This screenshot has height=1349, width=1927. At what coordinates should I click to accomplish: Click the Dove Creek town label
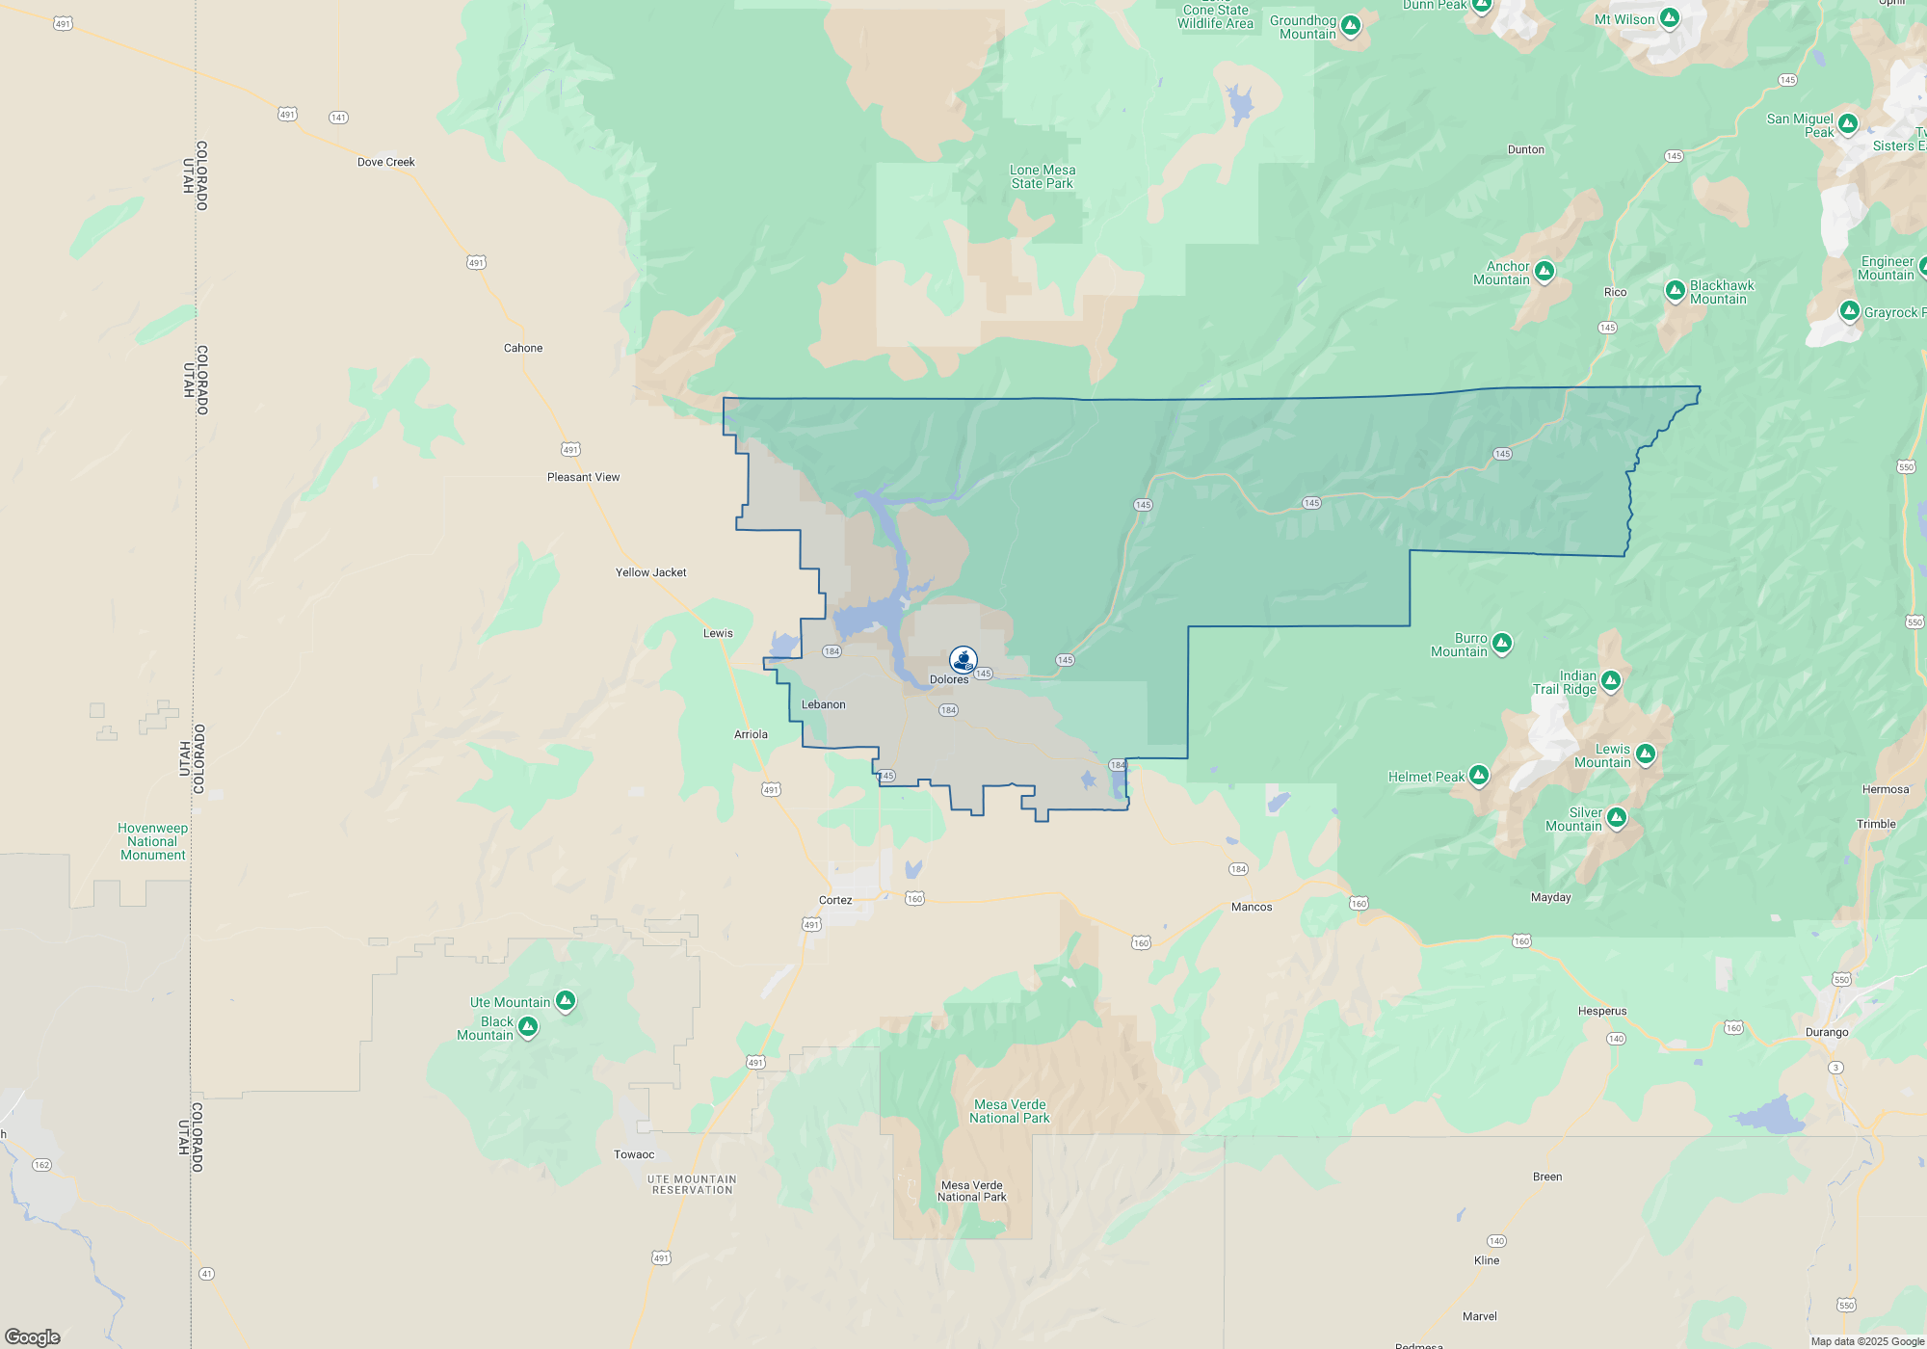point(385,162)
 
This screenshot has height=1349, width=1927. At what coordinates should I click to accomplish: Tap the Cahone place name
point(523,348)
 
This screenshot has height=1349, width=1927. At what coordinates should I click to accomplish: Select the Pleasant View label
point(583,477)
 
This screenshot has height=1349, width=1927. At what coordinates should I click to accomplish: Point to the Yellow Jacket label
point(650,572)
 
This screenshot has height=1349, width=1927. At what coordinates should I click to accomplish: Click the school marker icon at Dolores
point(963,659)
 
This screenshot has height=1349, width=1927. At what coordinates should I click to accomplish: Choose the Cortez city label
point(835,900)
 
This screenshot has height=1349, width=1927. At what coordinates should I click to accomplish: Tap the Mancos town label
point(1252,907)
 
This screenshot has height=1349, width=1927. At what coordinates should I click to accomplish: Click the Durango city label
point(1827,1032)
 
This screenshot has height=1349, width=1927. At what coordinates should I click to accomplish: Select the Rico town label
point(1615,292)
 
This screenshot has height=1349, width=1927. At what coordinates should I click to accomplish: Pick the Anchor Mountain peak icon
point(1544,271)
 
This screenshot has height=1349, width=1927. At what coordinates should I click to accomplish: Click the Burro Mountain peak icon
point(1501,643)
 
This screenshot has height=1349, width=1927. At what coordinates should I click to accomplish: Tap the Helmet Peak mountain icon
point(1479,775)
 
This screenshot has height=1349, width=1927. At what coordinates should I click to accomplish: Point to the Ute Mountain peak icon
point(566,1001)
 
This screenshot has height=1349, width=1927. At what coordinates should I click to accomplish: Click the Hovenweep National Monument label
point(152,841)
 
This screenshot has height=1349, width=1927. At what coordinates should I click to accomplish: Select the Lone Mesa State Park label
point(1043,176)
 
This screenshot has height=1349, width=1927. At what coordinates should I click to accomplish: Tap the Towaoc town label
point(634,1154)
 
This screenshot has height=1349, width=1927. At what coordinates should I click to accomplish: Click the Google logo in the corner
point(33,1336)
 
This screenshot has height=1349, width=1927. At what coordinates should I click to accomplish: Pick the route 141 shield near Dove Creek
point(338,118)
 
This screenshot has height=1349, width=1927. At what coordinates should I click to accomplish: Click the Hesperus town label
point(1602,1011)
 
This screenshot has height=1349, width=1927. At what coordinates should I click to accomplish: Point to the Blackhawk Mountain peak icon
point(1676,290)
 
